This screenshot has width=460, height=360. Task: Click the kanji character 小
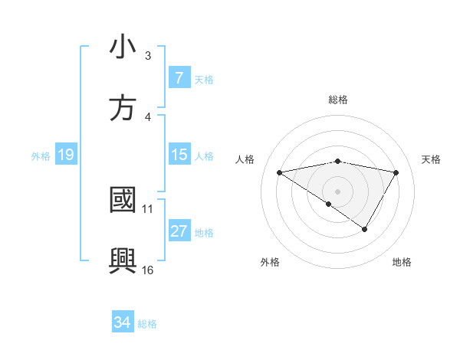(x=123, y=47)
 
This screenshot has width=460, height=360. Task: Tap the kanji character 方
(x=123, y=108)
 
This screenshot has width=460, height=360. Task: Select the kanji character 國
(x=123, y=200)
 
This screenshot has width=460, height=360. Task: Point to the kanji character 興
(x=123, y=261)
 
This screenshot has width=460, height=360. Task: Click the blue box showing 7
(x=179, y=78)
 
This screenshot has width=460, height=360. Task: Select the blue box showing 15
(x=179, y=155)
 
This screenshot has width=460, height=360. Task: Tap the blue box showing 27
(x=179, y=231)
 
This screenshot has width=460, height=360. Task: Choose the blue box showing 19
(x=65, y=155)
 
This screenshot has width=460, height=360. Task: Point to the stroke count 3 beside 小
(x=148, y=56)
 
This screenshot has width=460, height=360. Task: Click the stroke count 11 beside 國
(x=148, y=208)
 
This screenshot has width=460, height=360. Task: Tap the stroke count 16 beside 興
(x=148, y=270)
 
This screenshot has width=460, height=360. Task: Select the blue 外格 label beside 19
(x=41, y=155)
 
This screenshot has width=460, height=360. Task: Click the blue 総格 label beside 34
(x=147, y=323)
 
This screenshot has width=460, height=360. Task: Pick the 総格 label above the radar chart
(x=337, y=100)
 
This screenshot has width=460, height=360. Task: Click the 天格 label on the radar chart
(x=431, y=159)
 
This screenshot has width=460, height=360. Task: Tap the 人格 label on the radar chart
(x=246, y=159)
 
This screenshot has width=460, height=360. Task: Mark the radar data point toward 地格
(x=365, y=229)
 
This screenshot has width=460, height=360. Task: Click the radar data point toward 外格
(x=329, y=204)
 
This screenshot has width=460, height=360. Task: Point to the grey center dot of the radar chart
(x=337, y=191)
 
